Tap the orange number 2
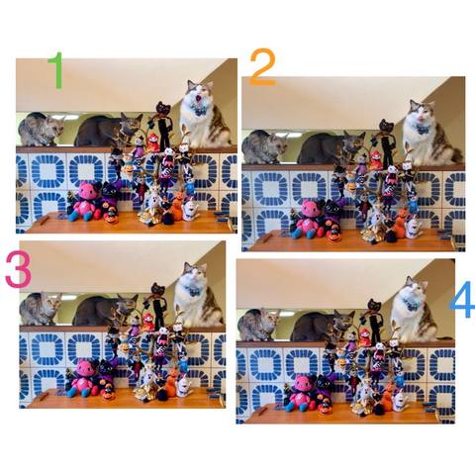263,67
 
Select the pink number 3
18,268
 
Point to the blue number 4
463,299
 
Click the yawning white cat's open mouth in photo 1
199,98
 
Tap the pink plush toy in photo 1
85,202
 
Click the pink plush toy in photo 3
83,378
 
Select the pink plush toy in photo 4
302,393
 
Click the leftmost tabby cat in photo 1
41,130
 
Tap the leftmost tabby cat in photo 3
41,309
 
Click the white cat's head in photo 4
415,288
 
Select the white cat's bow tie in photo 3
192,291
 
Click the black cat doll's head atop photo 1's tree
163,108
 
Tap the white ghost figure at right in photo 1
190,210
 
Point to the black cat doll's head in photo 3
158,289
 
